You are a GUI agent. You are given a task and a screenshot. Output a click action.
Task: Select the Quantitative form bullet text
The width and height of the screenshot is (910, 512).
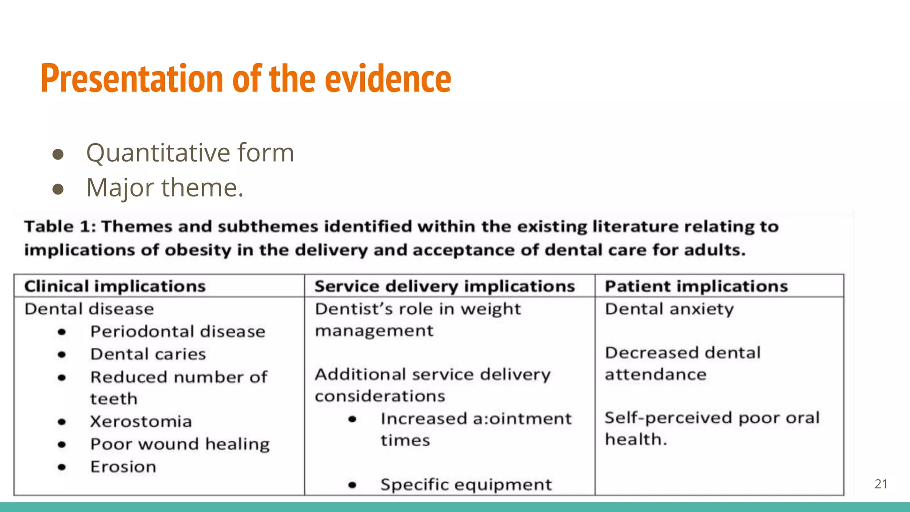[190, 153]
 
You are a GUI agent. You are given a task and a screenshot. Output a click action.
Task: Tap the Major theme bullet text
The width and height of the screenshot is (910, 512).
[164, 188]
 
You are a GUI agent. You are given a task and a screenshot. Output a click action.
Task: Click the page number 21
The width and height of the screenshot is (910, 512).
[881, 484]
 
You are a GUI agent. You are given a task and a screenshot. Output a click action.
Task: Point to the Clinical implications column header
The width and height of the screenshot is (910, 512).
[115, 286]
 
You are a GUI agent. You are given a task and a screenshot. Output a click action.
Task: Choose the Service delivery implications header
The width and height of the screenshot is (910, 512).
[444, 286]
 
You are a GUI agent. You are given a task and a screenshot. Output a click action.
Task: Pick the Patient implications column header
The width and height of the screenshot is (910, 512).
[696, 286]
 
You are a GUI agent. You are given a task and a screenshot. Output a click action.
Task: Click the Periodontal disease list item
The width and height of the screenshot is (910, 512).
[178, 332]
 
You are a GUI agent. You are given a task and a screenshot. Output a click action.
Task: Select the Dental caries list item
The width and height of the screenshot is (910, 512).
[148, 354]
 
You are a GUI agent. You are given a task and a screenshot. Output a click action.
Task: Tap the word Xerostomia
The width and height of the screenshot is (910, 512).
[141, 421]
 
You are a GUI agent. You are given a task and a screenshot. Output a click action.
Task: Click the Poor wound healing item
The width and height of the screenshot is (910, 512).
[180, 444]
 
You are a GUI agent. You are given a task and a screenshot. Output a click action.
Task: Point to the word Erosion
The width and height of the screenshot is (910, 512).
[123, 467]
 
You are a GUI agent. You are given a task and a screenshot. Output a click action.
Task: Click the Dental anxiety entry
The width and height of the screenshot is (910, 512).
[669, 309]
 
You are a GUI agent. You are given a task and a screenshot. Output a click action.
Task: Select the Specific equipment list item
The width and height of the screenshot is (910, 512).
[466, 484]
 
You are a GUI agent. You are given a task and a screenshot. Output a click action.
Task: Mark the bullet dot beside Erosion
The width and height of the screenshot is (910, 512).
[62, 467]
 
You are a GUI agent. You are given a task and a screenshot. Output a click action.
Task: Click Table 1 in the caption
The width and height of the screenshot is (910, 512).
[60, 227]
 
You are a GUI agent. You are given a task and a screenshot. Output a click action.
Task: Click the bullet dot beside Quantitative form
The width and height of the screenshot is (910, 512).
[58, 154]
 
